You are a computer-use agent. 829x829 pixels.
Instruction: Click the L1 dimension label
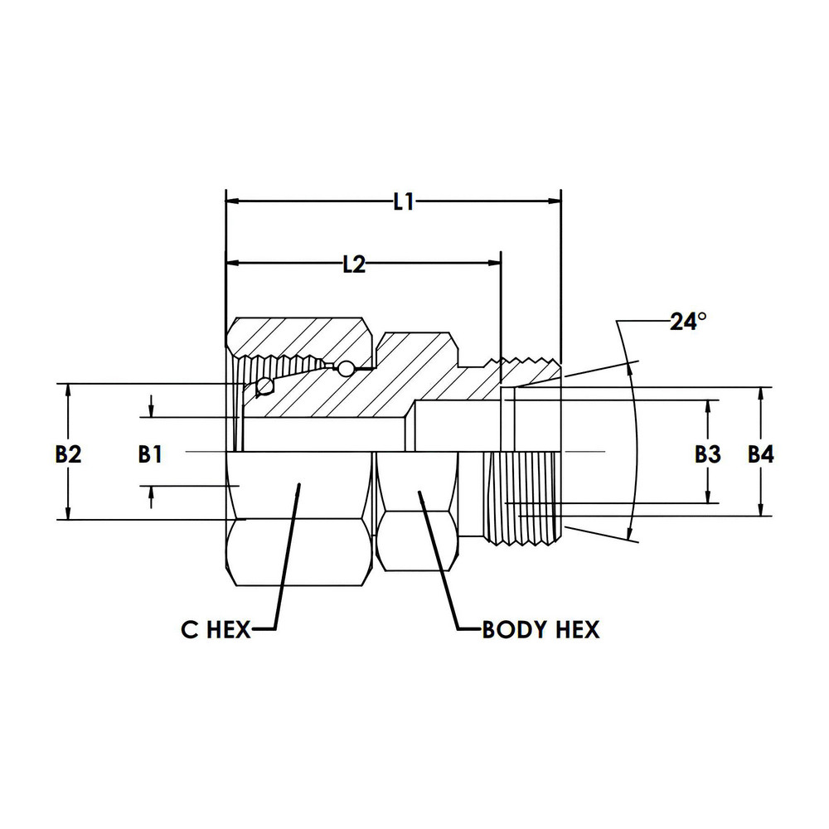point(404,201)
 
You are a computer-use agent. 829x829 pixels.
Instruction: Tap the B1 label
point(150,453)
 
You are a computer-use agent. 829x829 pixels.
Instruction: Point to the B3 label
point(707,453)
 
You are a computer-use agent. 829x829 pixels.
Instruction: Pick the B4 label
point(760,453)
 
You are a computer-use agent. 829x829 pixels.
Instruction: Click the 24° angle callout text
point(688,322)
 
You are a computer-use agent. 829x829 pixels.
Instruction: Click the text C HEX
point(216,630)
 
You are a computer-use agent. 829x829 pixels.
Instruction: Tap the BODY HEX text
point(541,630)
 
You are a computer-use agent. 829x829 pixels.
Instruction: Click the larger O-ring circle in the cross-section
point(265,385)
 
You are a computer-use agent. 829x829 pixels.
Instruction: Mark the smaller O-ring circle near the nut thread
point(344,367)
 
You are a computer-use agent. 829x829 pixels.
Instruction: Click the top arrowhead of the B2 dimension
point(68,390)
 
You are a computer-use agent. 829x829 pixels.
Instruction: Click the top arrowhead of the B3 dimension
point(707,407)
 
